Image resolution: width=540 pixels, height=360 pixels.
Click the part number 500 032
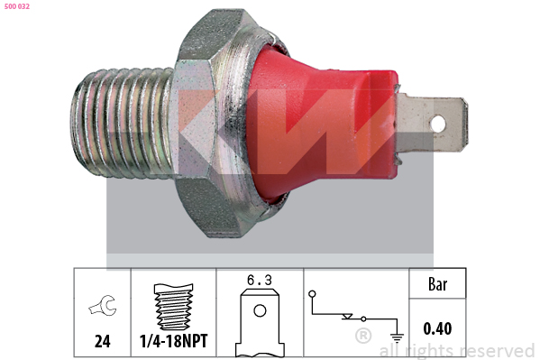17,6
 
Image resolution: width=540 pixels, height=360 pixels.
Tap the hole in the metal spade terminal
438,124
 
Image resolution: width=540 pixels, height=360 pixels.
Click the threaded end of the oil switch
123,123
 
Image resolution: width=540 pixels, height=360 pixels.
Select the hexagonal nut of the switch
197,123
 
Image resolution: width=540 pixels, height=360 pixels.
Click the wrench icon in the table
103,305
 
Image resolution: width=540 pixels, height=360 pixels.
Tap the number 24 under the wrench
103,341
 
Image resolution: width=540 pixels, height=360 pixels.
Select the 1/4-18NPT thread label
174,341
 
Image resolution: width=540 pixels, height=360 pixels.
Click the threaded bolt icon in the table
174,307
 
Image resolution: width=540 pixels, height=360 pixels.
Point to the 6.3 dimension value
260,280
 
